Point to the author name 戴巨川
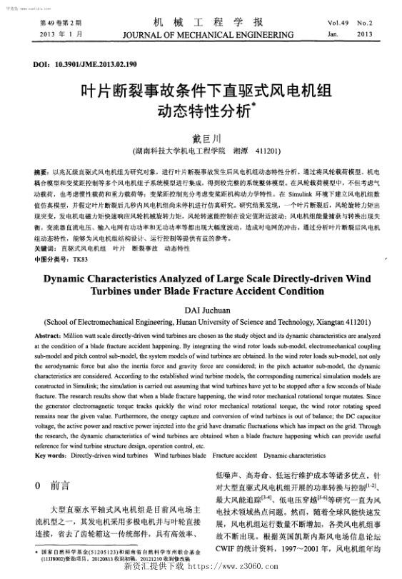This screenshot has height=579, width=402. pos(201,137)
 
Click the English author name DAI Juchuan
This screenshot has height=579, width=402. pos(201,310)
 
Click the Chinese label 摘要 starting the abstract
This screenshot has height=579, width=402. pos(41,173)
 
